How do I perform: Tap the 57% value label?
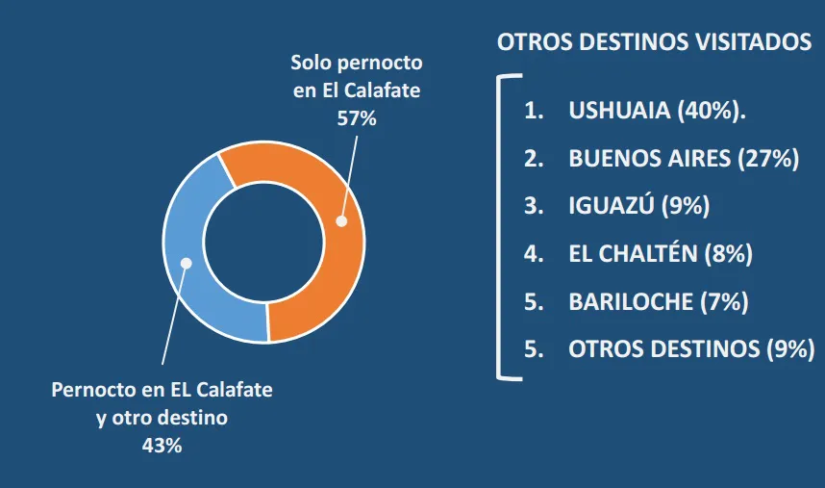pyautogui.click(x=356, y=119)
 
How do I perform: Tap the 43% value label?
pyautogui.click(x=162, y=446)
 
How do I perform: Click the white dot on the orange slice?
pyautogui.click(x=339, y=220)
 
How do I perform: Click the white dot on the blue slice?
pyautogui.click(x=187, y=263)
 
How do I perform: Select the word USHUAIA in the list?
pyautogui.click(x=619, y=111)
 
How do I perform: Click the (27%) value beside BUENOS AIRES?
pyautogui.click(x=767, y=158)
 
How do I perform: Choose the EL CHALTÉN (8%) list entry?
pyautogui.click(x=660, y=253)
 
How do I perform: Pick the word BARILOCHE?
pyautogui.click(x=630, y=301)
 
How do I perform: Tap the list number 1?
pyautogui.click(x=533, y=111)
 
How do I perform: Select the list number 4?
pyautogui.click(x=533, y=253)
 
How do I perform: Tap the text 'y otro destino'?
pyautogui.click(x=162, y=419)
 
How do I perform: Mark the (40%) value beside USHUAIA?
pyautogui.click(x=712, y=111)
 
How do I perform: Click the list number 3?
pyautogui.click(x=533, y=206)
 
